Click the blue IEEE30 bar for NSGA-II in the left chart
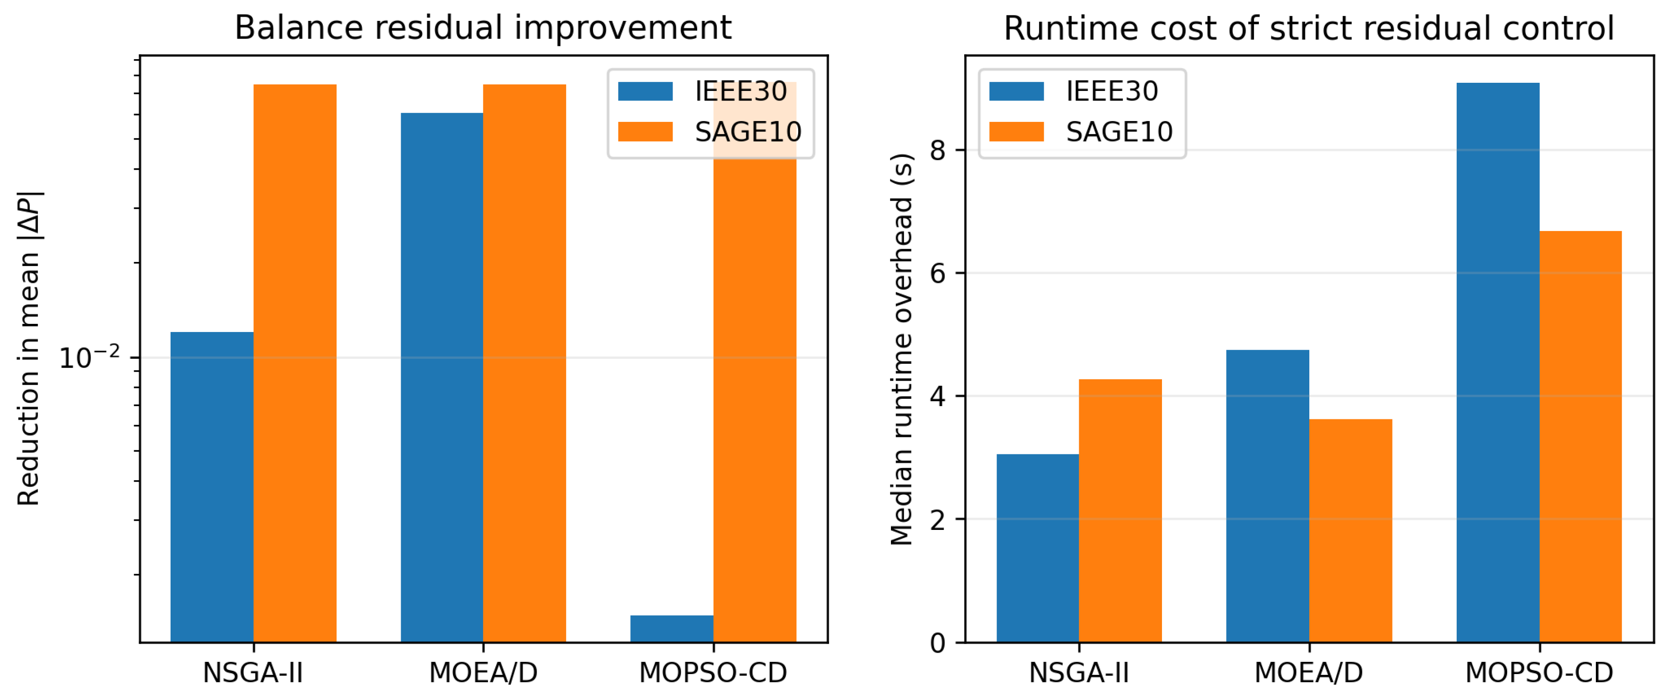click(212, 487)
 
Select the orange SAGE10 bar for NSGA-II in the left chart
click(295, 363)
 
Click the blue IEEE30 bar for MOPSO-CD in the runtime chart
click(1498, 363)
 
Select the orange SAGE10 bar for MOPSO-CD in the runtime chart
click(1581, 437)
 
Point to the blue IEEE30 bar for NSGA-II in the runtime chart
click(1038, 548)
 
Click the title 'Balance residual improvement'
click(483, 28)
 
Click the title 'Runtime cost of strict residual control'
click(1309, 28)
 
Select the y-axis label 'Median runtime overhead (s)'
click(902, 349)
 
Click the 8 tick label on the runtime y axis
click(938, 150)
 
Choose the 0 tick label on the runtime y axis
click(938, 643)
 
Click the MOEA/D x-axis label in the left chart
click(483, 673)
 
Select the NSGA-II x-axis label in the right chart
click(1079, 673)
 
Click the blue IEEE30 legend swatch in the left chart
click(645, 91)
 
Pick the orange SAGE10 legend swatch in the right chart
click(1016, 132)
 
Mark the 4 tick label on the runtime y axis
click(938, 396)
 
